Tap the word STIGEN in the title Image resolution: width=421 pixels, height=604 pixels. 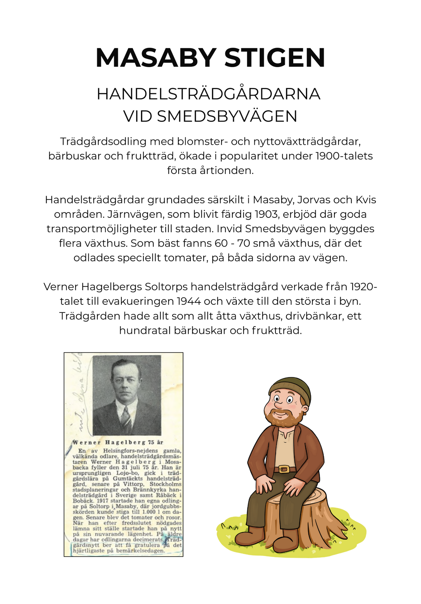pos(275,58)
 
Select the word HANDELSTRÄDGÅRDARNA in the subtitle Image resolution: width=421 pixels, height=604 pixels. pos(208,94)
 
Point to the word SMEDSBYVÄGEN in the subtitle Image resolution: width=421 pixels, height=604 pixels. pos(227,116)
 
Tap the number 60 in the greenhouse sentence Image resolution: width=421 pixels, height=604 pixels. pos(222,243)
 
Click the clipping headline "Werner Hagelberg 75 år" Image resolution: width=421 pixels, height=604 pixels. pos(118,442)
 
